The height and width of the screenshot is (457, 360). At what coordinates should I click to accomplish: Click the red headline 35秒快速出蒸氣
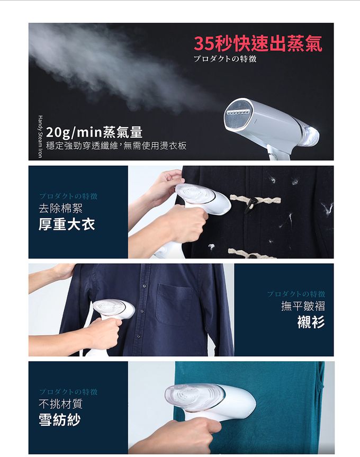click(257, 43)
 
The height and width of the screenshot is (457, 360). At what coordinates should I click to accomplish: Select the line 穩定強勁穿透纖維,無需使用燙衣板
click(116, 146)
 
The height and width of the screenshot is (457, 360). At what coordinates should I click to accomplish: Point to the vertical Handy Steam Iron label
click(40, 137)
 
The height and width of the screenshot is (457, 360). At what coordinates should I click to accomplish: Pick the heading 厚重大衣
click(67, 224)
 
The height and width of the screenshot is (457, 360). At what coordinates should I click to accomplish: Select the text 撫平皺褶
click(303, 306)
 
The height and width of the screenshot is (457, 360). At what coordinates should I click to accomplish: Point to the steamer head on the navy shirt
click(113, 309)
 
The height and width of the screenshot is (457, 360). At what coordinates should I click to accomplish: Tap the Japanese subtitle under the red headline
click(224, 59)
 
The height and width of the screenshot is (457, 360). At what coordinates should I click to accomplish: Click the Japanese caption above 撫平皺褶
click(296, 293)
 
